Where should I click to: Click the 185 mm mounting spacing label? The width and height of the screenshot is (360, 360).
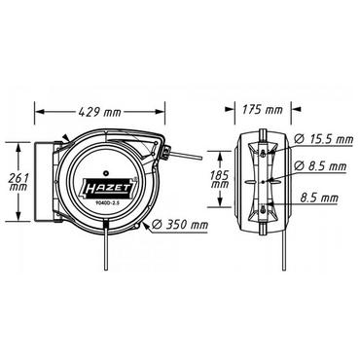[x=225, y=182]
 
